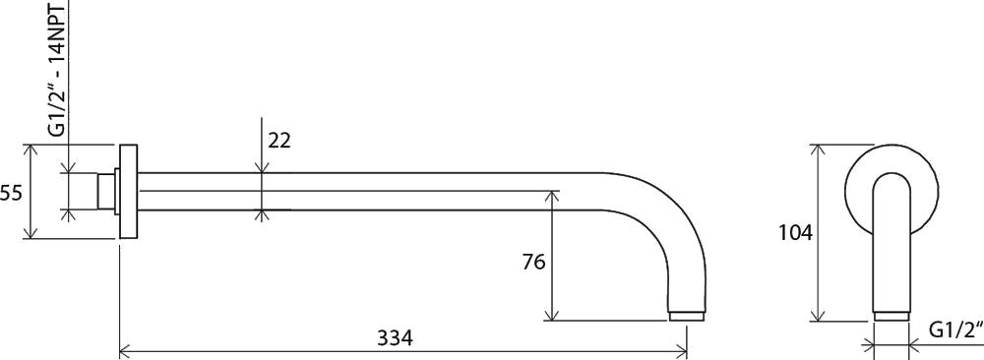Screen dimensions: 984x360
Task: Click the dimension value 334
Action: tap(395, 338)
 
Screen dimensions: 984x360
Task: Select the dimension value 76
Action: tap(533, 262)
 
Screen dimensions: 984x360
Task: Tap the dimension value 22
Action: tap(279, 141)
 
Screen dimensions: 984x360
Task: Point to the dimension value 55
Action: tap(11, 193)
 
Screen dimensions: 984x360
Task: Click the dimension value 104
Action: tap(795, 233)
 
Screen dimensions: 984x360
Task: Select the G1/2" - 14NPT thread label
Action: tap(57, 68)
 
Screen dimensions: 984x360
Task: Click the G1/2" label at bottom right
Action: tap(955, 330)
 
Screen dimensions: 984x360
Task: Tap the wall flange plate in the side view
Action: tap(129, 191)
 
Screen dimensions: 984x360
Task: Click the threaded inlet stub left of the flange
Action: tap(106, 191)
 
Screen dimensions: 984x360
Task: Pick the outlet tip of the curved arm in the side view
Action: tap(687, 316)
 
